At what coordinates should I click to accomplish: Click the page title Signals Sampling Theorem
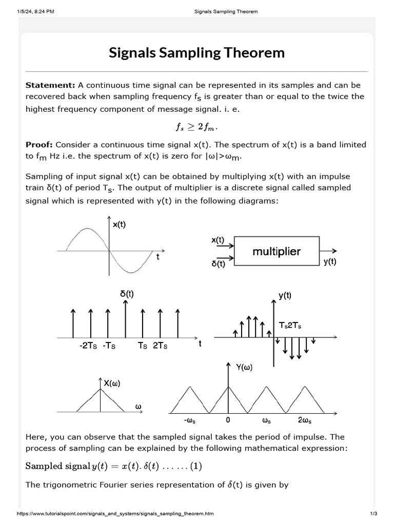[x=196, y=53]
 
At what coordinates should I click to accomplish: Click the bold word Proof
[x=39, y=145]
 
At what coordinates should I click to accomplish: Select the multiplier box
[x=277, y=251]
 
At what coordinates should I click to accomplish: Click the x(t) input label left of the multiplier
[x=218, y=239]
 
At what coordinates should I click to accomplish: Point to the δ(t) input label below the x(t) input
[x=218, y=264]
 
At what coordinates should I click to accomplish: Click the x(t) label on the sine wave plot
[x=119, y=224]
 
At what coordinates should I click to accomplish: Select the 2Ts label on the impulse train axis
[x=160, y=346]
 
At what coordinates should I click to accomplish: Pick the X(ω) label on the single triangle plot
[x=112, y=383]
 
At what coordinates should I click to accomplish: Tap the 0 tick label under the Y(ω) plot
[x=228, y=420]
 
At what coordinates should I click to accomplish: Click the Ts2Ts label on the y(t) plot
[x=290, y=325]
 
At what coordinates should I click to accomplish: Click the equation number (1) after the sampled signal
[x=196, y=466]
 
